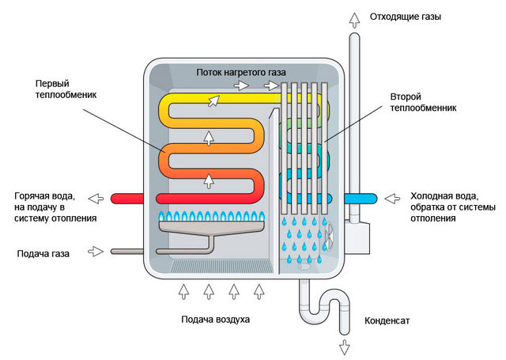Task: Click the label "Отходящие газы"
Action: (410, 16)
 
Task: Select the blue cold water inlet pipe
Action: (361, 196)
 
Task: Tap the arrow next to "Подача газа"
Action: (96, 252)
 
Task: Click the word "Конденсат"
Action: (388, 322)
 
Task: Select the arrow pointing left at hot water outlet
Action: (96, 197)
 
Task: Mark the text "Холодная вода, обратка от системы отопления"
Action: (445, 207)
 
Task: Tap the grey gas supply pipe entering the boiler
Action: (126, 252)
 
